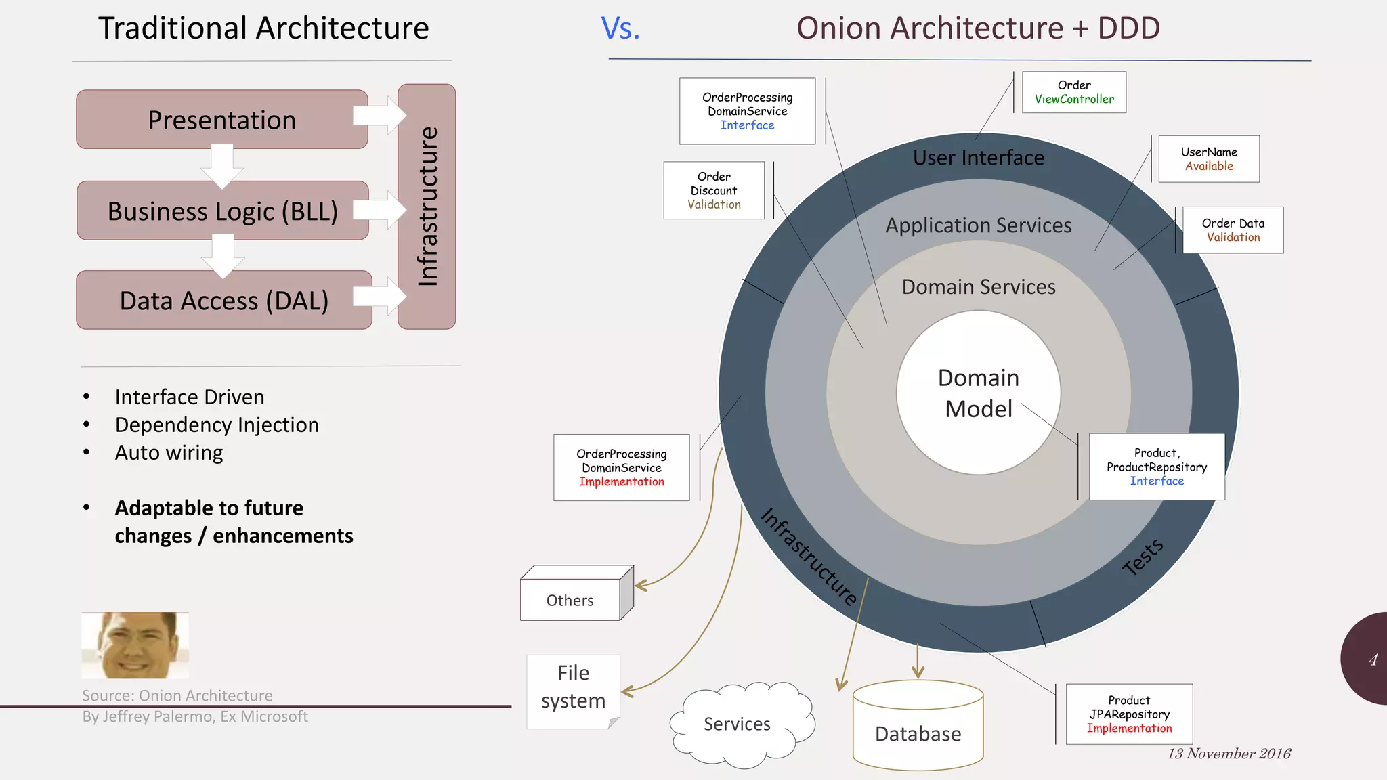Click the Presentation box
click(x=221, y=120)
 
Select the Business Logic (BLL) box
click(x=222, y=211)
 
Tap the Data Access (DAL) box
click(x=223, y=301)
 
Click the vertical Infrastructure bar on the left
click(x=427, y=207)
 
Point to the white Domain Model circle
click(x=978, y=393)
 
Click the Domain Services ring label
click(x=978, y=287)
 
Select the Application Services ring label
click(x=978, y=225)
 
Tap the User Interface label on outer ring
click(x=978, y=158)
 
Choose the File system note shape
click(x=573, y=691)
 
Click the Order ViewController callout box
click(x=1073, y=92)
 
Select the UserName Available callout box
click(x=1209, y=159)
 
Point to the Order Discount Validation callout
click(x=714, y=190)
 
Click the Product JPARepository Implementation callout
click(x=1129, y=714)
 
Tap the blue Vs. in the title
click(x=620, y=28)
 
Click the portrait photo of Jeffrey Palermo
click(x=135, y=645)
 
